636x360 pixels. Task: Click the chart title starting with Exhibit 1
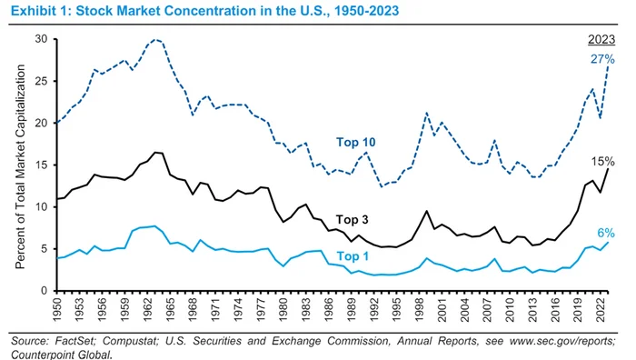[204, 11]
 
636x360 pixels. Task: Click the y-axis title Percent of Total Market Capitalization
[20, 166]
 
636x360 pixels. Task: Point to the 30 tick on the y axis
[42, 39]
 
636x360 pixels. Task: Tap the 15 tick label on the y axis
[42, 165]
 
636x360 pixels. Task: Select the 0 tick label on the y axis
[45, 291]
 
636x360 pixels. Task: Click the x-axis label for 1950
[57, 310]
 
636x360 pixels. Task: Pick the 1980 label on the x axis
[283, 310]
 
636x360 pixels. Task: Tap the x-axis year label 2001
[442, 310]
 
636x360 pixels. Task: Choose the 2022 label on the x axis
[600, 310]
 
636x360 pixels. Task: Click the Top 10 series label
[356, 142]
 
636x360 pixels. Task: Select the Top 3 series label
[353, 220]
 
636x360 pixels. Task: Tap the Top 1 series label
[353, 256]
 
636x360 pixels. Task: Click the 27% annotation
[602, 59]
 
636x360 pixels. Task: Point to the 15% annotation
[602, 162]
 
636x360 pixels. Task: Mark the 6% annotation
[606, 233]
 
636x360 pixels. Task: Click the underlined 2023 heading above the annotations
[601, 39]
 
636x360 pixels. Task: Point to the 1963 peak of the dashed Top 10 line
[155, 39]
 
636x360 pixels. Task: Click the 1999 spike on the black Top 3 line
[426, 211]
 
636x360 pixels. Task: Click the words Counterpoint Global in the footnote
[61, 355]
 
